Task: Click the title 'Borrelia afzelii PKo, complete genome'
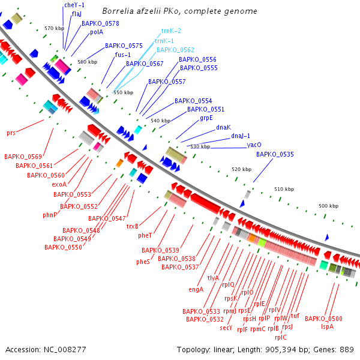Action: pyautogui.click(x=180, y=11)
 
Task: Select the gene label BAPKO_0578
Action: pyautogui.click(x=100, y=23)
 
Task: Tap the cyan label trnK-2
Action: pyautogui.click(x=171, y=30)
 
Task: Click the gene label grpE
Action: pyautogui.click(x=206, y=118)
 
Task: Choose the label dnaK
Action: pyautogui.click(x=223, y=127)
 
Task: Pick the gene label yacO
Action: pyautogui.click(x=254, y=145)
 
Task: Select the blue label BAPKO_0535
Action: pyautogui.click(x=275, y=154)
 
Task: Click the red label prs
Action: pyautogui.click(x=11, y=132)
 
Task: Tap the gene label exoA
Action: pyautogui.click(x=59, y=184)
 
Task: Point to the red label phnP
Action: pyautogui.click(x=50, y=214)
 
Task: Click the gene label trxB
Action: pyautogui.click(x=133, y=226)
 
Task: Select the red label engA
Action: pyautogui.click(x=196, y=289)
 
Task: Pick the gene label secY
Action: pyautogui.click(x=226, y=328)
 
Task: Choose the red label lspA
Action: pyautogui.click(x=327, y=326)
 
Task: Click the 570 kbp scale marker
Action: pyautogui.click(x=54, y=28)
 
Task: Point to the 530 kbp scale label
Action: pyautogui.click(x=200, y=146)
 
